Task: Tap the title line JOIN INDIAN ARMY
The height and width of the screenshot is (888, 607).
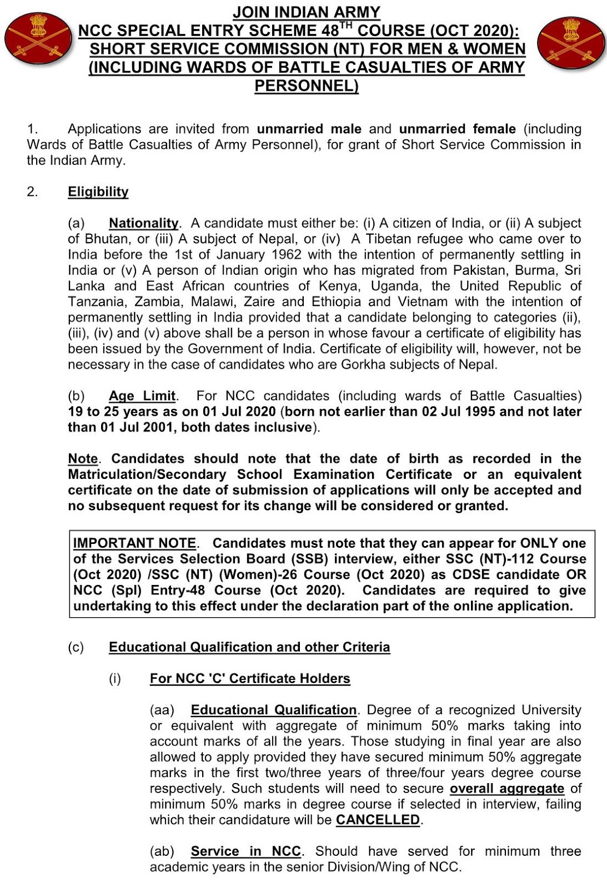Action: [x=307, y=12]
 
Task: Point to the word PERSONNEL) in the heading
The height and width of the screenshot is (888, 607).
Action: [x=307, y=87]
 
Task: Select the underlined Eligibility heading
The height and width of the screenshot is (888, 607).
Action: [x=98, y=192]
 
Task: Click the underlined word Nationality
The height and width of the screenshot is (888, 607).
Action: [x=144, y=223]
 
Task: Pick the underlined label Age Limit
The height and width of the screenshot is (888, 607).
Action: [x=142, y=396]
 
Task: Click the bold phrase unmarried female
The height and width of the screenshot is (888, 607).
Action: [x=458, y=129]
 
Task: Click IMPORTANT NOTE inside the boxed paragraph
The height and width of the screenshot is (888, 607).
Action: [x=135, y=543]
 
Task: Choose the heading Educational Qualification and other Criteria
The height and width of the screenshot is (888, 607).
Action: [x=249, y=647]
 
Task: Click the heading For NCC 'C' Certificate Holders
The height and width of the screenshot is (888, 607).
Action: [x=250, y=679]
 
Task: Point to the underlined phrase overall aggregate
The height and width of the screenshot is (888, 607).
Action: [x=506, y=789]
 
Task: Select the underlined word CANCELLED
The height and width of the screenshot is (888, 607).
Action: [x=378, y=820]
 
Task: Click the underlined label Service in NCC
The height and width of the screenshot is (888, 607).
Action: [x=245, y=851]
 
